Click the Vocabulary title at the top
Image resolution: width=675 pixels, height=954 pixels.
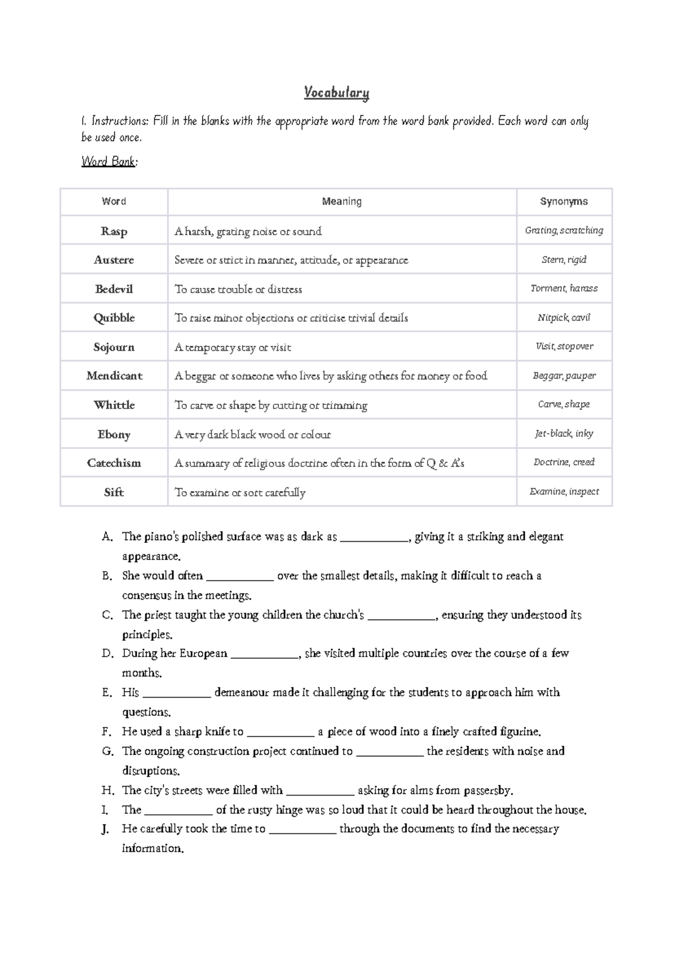coord(336,92)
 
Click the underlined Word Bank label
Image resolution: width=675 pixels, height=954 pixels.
coord(109,162)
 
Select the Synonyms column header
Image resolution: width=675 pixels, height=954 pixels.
coord(564,202)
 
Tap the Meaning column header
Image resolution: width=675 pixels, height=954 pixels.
coord(341,202)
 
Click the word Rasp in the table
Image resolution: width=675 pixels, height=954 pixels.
coord(114,231)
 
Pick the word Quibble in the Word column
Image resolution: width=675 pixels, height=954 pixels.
coord(114,318)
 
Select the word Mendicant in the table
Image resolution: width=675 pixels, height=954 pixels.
coord(114,376)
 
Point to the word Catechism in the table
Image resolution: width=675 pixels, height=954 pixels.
coord(114,463)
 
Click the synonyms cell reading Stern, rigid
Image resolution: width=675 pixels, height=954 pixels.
coord(564,260)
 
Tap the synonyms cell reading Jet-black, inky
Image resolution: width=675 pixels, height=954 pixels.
coord(564,434)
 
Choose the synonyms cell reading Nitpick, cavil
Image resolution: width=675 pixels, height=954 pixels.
coord(564,318)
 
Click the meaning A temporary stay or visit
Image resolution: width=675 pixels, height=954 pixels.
coord(232,347)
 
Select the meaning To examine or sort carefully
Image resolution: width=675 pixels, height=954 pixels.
coord(240,493)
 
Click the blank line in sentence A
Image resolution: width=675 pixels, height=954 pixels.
coord(374,538)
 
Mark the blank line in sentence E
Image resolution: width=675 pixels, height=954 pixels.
coord(177,694)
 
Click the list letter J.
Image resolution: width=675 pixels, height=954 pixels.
coord(106,829)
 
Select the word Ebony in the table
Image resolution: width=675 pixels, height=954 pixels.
coord(114,434)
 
